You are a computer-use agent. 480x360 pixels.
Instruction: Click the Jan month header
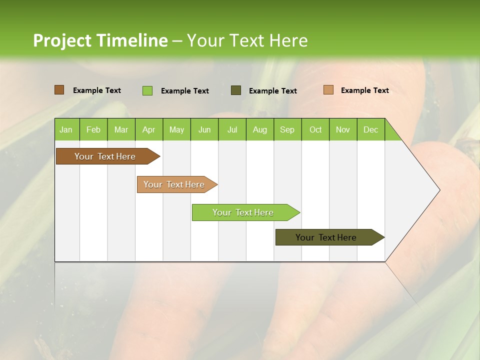[x=66, y=130]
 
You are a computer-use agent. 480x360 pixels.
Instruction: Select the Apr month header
[x=148, y=130]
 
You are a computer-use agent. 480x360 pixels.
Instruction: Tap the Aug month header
[x=259, y=130]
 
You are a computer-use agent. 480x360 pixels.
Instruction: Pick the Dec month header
[x=370, y=130]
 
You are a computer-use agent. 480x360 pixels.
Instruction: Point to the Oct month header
[x=315, y=130]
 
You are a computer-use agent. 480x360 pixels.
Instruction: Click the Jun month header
[x=204, y=130]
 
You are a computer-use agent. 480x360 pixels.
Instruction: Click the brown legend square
[x=59, y=90]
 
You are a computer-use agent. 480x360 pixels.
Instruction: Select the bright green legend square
[x=147, y=90]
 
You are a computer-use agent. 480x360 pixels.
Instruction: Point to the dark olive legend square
[x=236, y=90]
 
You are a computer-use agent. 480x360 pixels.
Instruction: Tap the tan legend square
[x=328, y=90]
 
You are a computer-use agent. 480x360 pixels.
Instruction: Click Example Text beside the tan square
[x=364, y=90]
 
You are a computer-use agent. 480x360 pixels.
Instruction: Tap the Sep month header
[x=287, y=130]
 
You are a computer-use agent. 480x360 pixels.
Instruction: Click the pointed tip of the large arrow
[x=438, y=190]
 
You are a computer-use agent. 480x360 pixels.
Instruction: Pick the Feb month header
[x=93, y=130]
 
